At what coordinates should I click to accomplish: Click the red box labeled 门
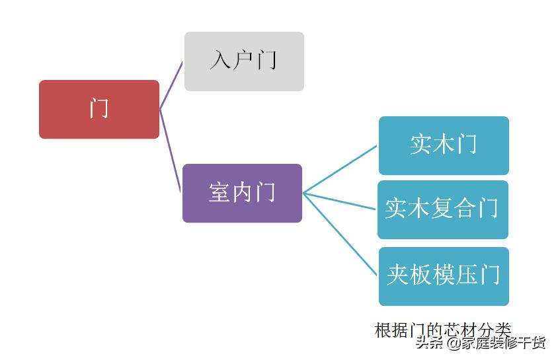pos(99,109)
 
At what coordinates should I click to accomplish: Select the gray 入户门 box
pos(244,61)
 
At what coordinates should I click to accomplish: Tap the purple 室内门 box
pos(242,193)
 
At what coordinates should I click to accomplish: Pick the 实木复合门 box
pos(443,209)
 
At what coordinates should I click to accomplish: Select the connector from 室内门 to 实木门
pos(340,170)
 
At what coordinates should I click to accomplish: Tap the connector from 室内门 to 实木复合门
pos(340,201)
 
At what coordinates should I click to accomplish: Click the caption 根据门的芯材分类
pos(442,329)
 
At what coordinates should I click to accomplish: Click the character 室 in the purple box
pos(219,193)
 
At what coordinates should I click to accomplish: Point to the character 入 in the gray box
pos(220,61)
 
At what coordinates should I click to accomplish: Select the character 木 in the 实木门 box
pos(444,145)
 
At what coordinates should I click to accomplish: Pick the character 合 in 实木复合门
pos(465,209)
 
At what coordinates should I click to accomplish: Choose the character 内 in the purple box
pos(242,193)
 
